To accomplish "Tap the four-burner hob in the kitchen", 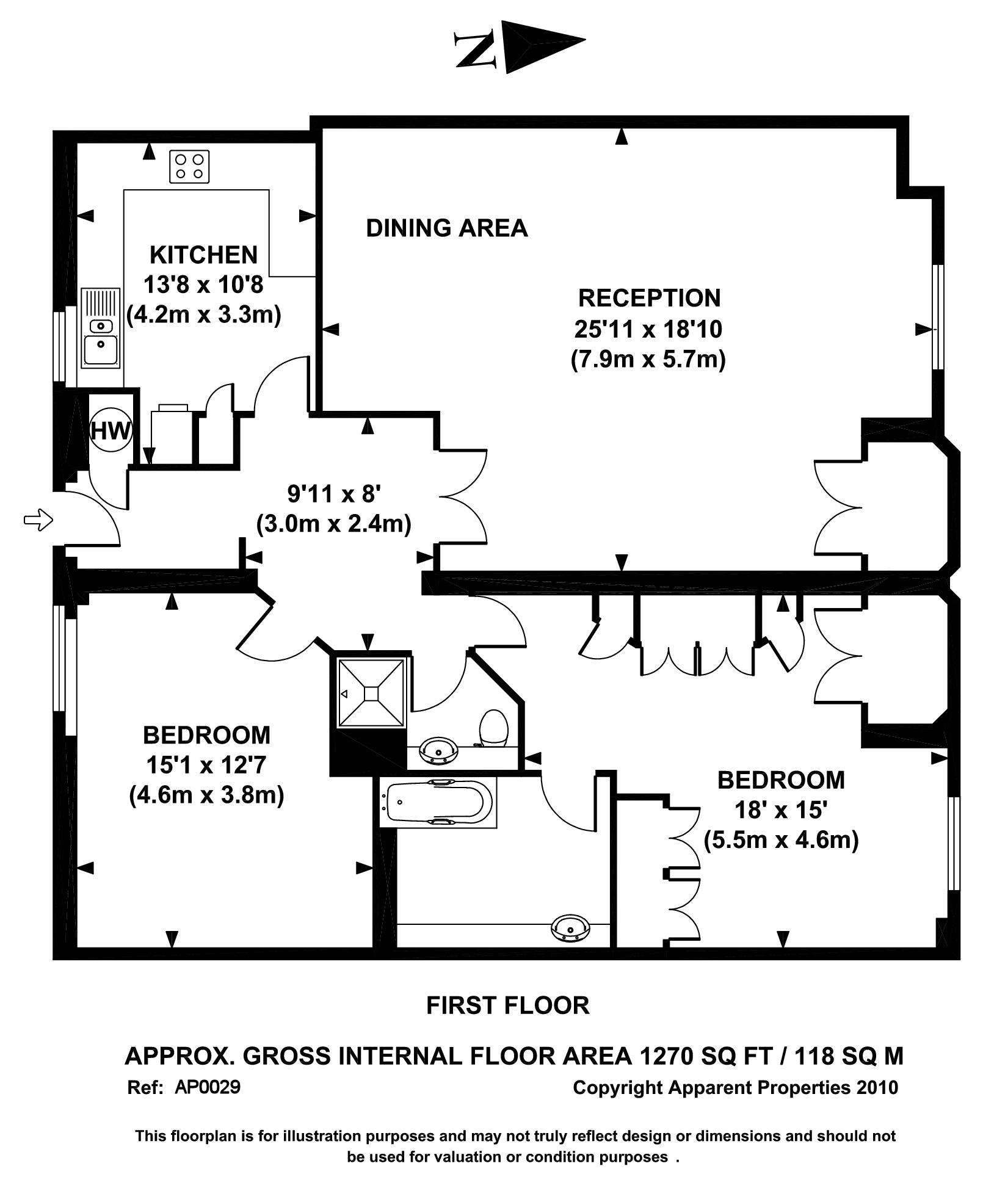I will coord(189,167).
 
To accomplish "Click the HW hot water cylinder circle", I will coord(111,431).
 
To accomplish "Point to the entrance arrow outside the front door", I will coord(38,520).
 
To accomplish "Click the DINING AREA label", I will coord(446,228).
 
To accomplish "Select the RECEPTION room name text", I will coord(649,298).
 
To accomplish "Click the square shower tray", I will coord(371,693).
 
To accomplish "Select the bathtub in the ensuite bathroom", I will coord(438,802).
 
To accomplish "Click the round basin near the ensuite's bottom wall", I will coord(570,928).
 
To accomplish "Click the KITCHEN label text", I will coord(203,255).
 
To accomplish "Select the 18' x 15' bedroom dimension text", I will coord(780,810).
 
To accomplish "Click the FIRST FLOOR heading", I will coord(507,1005).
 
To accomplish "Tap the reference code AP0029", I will coord(208,1087).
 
